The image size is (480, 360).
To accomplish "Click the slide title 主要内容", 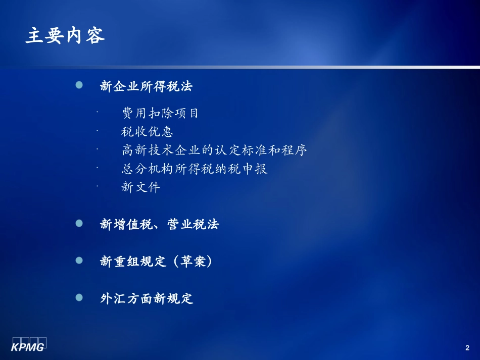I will click(x=65, y=36).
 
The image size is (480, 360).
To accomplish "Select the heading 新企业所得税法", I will click(x=147, y=86).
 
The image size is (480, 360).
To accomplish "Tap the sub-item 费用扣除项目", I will click(x=160, y=113).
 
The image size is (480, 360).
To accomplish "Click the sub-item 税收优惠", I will click(x=147, y=132).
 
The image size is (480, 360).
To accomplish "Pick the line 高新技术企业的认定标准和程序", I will click(x=214, y=150).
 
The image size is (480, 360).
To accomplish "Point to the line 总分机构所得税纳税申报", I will click(x=195, y=169).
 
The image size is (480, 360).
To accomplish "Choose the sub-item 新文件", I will click(x=140, y=187).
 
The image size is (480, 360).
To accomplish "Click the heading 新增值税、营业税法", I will click(x=160, y=225).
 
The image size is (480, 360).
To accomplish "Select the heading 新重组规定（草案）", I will click(x=156, y=262).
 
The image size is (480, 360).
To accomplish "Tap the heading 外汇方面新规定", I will click(x=147, y=298).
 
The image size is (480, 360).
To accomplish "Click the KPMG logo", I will click(x=29, y=343).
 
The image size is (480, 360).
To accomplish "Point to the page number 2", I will click(x=467, y=348).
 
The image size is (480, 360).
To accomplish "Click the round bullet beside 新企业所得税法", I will click(x=79, y=85).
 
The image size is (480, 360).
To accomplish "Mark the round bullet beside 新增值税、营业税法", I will click(x=79, y=223).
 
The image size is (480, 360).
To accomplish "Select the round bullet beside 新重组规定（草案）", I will click(x=79, y=261).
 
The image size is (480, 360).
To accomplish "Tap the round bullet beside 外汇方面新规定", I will click(x=79, y=297).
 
